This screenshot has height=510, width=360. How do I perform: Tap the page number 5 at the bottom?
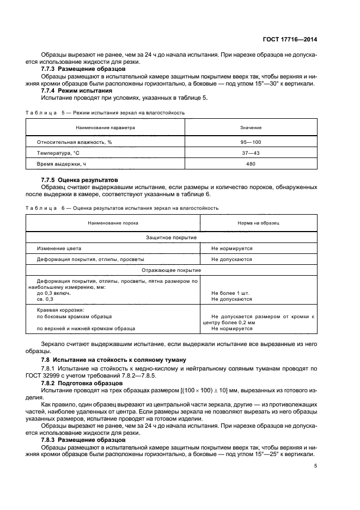316,466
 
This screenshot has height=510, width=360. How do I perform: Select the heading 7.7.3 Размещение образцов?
77,69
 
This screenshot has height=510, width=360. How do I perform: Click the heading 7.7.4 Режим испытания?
77,90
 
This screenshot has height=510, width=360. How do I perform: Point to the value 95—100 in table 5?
251,142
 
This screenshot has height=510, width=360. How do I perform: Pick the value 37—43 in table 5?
251,153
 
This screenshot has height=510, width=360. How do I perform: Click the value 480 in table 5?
251,163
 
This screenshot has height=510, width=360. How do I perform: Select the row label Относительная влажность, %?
74,142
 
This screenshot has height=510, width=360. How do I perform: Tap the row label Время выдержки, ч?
62,163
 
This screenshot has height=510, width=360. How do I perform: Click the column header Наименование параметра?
105,127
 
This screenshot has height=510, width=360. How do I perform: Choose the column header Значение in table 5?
251,127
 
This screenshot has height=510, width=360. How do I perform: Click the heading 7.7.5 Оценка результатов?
80,179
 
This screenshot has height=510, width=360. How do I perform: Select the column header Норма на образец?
259,223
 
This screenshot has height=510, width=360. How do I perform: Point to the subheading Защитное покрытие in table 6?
172,238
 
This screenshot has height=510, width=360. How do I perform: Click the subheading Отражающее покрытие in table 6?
172,270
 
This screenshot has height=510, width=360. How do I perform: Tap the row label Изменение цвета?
59,248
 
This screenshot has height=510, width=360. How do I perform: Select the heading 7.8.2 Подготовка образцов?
80,383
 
